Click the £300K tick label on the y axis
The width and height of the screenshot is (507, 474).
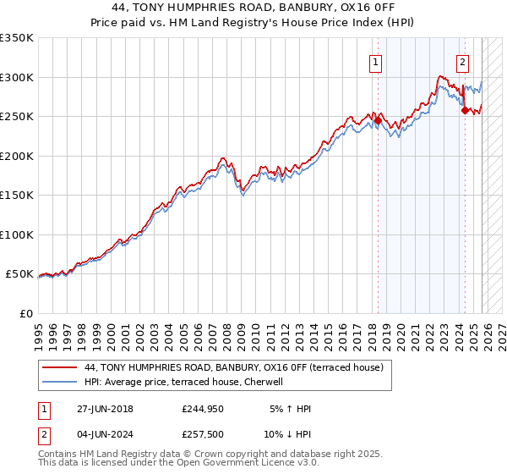(16, 77)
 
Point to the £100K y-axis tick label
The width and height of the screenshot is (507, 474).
(16, 234)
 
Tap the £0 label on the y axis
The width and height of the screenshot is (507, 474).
(26, 313)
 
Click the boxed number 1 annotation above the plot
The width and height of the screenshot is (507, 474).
(374, 61)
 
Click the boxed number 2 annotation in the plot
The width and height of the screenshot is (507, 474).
(463, 61)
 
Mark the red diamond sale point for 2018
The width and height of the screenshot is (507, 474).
(378, 121)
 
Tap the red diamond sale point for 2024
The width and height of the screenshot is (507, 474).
(465, 110)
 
